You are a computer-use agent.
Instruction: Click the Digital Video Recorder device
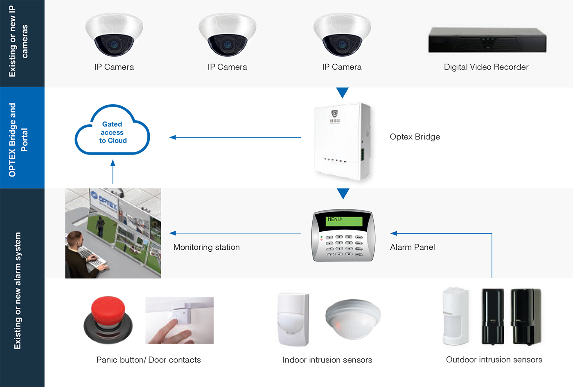click(x=487, y=40)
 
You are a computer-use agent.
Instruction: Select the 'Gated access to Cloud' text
click(x=113, y=132)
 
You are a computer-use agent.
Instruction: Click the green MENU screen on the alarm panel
click(x=344, y=221)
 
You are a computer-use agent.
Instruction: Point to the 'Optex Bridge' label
click(x=415, y=137)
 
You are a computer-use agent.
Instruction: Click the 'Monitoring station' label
click(x=206, y=247)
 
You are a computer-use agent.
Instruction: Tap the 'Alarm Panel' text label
click(x=412, y=247)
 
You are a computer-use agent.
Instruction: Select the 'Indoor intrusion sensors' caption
click(x=327, y=360)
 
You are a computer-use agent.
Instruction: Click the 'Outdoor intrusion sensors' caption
click(x=494, y=360)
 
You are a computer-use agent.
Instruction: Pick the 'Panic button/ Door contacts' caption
click(x=149, y=360)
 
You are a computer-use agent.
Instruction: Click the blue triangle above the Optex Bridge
click(x=342, y=92)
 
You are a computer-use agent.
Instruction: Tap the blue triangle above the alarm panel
click(x=343, y=193)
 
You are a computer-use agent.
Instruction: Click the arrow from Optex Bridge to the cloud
click(x=235, y=137)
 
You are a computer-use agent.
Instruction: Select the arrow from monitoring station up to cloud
click(x=113, y=172)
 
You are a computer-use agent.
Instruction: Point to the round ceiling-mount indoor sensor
click(x=353, y=319)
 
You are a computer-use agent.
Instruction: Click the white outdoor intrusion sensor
click(x=456, y=317)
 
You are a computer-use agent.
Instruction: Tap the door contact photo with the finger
click(x=179, y=320)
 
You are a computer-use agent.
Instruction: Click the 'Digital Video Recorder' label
click(x=486, y=67)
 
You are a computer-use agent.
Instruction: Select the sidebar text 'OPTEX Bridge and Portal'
click(x=18, y=140)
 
